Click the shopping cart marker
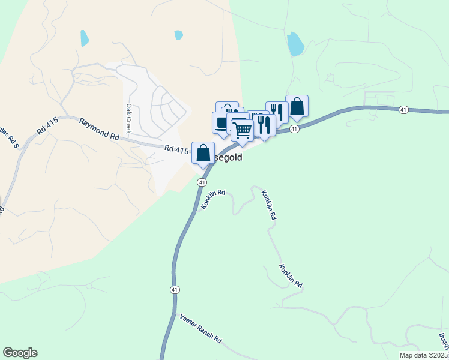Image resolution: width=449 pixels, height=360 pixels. tap(243, 130)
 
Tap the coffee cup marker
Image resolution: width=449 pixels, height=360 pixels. tap(221, 122)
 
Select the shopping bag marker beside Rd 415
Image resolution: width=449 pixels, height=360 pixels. tap(203, 152)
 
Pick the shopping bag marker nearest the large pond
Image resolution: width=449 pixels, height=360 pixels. tap(297, 106)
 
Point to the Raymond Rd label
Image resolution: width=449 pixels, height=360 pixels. tap(99, 128)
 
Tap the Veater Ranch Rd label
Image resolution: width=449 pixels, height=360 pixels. tap(200, 328)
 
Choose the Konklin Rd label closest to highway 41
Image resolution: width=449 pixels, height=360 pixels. tap(213, 200)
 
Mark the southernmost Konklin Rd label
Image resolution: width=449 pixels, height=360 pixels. tap(291, 275)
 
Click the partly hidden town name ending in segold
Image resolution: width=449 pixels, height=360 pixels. tap(228, 158)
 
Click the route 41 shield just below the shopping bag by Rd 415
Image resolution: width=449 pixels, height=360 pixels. tap(202, 182)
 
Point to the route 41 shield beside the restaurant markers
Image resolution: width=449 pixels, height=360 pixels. tap(294, 129)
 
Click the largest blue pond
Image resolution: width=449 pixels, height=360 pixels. tap(295, 44)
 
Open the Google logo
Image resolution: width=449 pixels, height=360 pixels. tap(20, 353)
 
